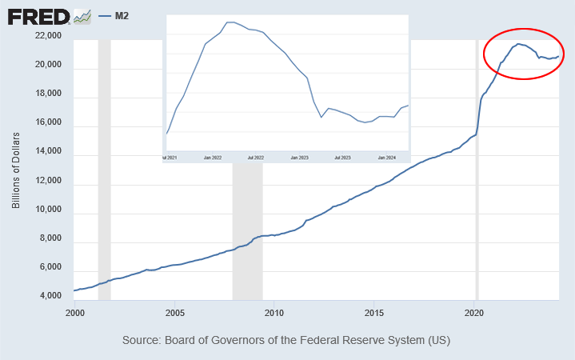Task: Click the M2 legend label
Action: point(122,15)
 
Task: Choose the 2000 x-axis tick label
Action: point(74,312)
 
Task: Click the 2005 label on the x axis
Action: point(174,312)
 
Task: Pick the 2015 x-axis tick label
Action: point(375,312)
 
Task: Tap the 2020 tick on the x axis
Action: point(475,312)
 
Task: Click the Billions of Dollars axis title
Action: point(16,170)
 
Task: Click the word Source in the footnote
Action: point(142,340)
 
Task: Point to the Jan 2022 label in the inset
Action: point(213,158)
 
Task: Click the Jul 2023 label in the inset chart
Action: point(343,158)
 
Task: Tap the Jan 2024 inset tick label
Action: point(387,158)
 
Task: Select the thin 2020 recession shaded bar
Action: point(477,200)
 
